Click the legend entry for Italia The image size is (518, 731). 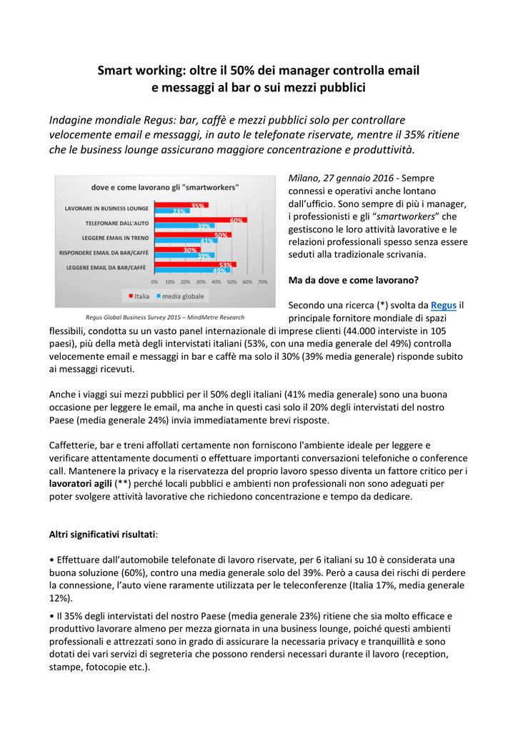(x=139, y=296)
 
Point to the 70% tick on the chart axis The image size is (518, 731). (x=262, y=282)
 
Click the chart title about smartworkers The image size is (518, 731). (x=165, y=187)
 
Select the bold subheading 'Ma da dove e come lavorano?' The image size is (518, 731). (x=353, y=279)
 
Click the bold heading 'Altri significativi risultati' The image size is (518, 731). (x=103, y=534)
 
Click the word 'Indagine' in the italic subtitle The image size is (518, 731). (x=71, y=119)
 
